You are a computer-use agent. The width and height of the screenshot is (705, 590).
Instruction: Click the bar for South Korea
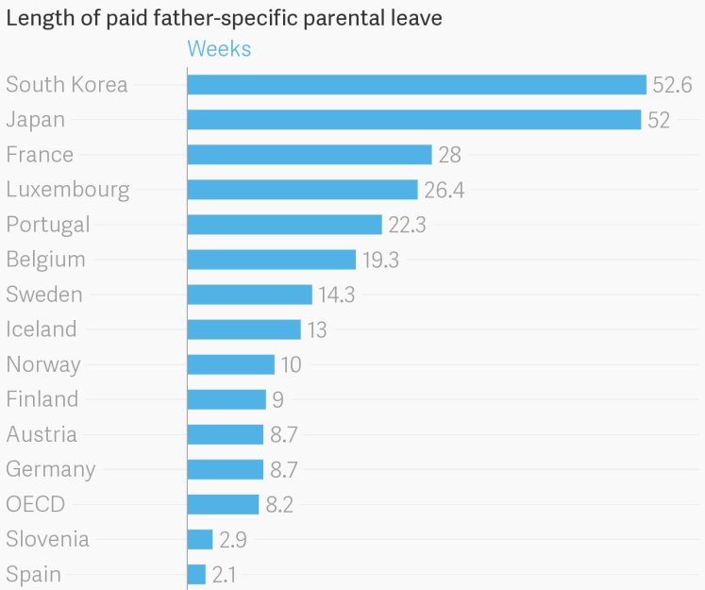(x=416, y=85)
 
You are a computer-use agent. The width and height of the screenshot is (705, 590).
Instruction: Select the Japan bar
(x=414, y=120)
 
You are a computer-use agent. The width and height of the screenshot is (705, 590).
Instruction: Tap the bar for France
(x=310, y=155)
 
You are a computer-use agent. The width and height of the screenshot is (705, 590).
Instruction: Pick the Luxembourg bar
(x=302, y=190)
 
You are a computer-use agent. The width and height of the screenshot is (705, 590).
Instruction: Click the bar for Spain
(x=196, y=574)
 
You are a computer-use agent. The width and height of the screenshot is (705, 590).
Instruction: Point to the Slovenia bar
(x=200, y=539)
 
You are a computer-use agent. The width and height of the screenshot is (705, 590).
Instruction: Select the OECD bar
(x=223, y=504)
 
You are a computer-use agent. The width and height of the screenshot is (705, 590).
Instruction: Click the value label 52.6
(x=672, y=85)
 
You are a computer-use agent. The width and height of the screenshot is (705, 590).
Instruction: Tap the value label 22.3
(x=408, y=225)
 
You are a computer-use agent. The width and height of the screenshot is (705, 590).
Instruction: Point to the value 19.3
(x=380, y=260)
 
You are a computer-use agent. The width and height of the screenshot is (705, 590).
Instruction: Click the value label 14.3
(x=336, y=295)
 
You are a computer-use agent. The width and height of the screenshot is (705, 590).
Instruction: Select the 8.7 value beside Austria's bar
(x=288, y=434)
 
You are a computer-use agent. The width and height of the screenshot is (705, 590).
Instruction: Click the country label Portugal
(x=48, y=225)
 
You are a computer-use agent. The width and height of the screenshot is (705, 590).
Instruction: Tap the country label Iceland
(x=42, y=329)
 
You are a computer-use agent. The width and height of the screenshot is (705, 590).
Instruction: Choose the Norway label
(x=43, y=364)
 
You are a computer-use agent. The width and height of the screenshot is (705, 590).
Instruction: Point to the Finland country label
(x=42, y=399)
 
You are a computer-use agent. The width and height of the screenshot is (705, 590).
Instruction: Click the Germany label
(x=51, y=469)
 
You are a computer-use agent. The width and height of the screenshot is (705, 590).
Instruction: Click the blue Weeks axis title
(x=219, y=49)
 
